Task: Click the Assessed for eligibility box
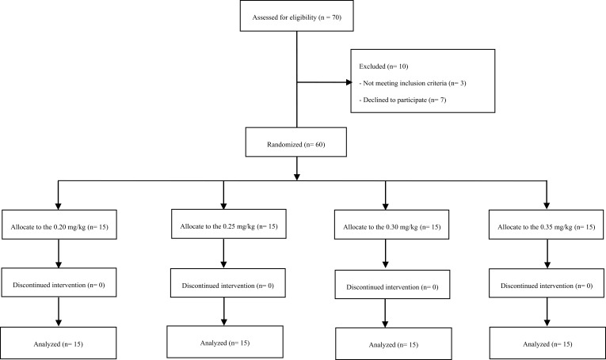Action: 296,16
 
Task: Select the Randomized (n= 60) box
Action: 296,142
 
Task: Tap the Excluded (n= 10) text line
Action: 383,66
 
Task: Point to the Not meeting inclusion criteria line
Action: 413,83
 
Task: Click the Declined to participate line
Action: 402,100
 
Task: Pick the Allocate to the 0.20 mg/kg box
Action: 59,225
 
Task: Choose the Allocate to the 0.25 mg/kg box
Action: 229,224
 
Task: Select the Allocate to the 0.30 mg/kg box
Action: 391,225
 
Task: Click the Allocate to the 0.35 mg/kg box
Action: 546,225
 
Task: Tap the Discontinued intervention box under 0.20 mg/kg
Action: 59,282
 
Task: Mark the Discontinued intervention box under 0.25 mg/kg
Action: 228,282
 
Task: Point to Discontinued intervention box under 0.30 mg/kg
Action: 392,284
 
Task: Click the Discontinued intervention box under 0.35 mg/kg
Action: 547,283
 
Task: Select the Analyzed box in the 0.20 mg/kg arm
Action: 58,343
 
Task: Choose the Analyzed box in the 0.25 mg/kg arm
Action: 225,342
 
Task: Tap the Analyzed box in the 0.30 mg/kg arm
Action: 394,344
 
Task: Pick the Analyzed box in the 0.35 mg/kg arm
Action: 547,343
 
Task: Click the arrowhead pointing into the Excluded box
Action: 349,82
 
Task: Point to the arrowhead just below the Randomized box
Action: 297,176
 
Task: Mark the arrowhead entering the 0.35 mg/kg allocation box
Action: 547,206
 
